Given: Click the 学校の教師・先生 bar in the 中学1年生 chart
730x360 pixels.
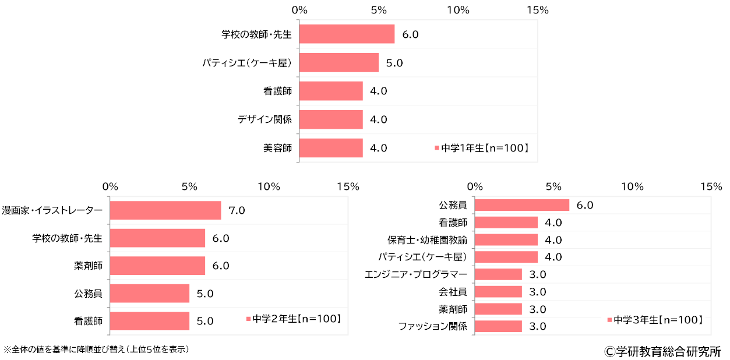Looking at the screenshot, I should [347, 34].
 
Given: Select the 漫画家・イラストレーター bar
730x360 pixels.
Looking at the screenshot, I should [165, 210].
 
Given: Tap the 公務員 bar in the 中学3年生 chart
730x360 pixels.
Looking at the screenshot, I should [522, 205].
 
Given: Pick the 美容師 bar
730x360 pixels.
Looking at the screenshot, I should [331, 148].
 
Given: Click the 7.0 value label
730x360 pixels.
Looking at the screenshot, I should [237, 210].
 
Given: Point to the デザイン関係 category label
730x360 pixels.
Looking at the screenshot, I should [265, 120].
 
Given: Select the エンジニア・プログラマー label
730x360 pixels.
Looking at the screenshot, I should [415, 274].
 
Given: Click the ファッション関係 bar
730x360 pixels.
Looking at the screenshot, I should [499, 326].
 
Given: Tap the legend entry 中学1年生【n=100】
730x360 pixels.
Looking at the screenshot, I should [482, 148].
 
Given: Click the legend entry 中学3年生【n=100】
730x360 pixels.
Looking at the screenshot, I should [655, 320].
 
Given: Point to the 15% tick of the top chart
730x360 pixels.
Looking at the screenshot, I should [537, 10].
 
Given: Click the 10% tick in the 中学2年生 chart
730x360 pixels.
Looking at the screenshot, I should [268, 187].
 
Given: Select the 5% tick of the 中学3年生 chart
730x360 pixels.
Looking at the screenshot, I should [553, 187].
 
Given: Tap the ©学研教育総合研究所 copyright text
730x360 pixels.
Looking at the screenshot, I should [662, 352].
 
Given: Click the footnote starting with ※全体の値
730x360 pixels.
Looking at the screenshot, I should [96, 350].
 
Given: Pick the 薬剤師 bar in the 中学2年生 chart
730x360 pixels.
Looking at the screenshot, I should [157, 266].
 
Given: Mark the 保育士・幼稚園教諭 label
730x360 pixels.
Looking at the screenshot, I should [427, 240].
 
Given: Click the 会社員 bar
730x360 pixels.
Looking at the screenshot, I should [499, 292].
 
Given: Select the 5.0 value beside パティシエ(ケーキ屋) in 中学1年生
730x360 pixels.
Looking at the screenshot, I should [394, 63].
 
